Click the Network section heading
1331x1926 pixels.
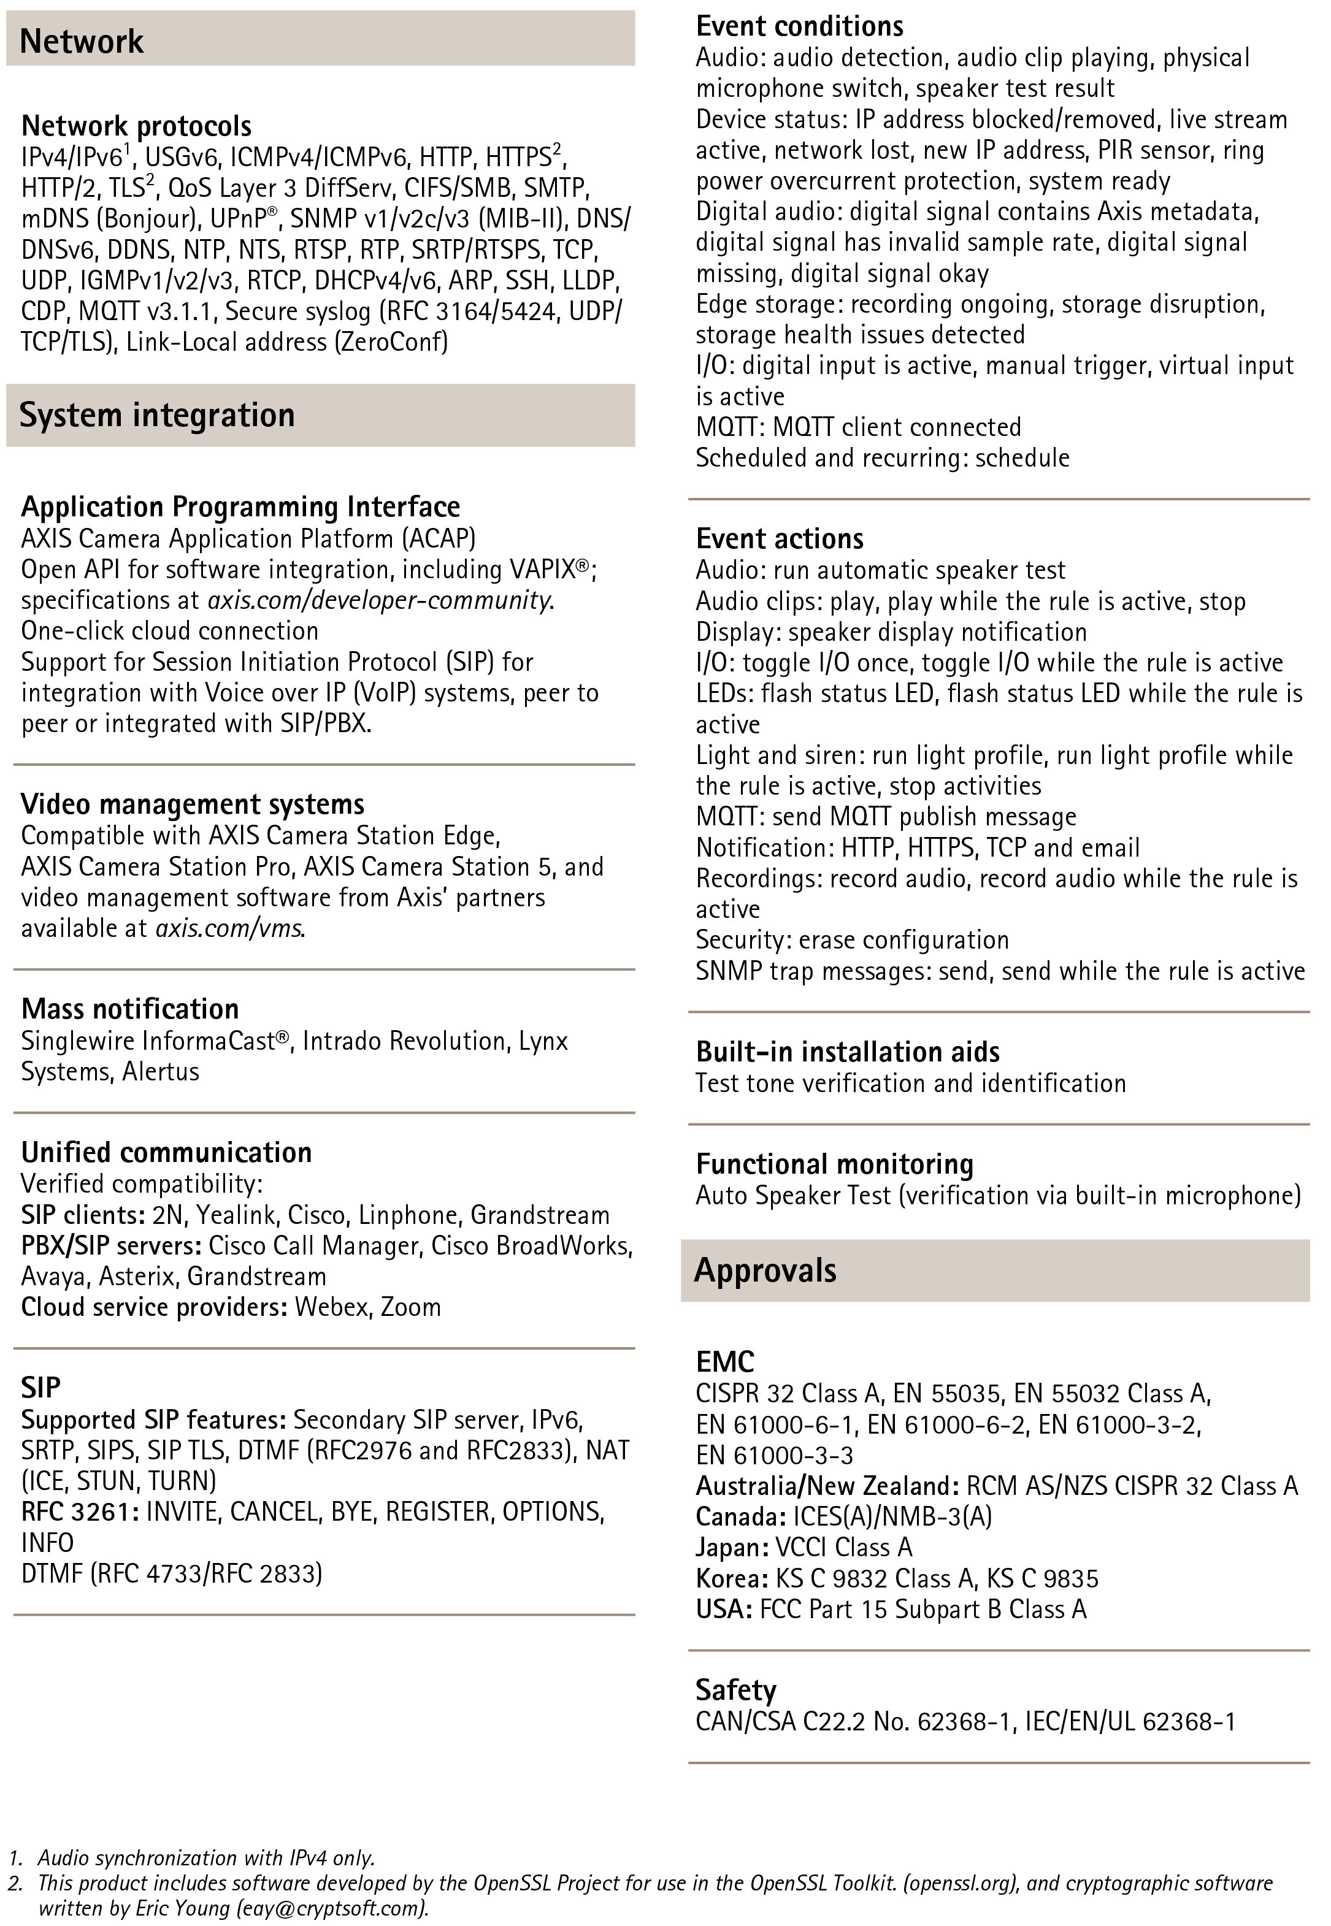tap(81, 41)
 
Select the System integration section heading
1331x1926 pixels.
tap(157, 415)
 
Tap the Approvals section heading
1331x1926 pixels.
tap(765, 1271)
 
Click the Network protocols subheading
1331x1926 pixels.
tap(136, 126)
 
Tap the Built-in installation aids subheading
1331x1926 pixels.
tap(847, 1052)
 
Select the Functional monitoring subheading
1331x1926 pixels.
tap(835, 1164)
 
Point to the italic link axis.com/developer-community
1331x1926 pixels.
tap(380, 600)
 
